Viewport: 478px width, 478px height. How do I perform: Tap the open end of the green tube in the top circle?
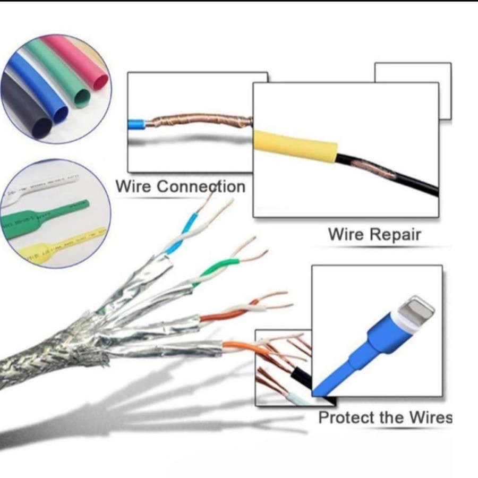82,98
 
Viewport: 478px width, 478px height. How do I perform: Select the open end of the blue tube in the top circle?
60,113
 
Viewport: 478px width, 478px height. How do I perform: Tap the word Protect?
347,417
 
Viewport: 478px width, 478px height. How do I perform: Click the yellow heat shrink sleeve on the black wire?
294,146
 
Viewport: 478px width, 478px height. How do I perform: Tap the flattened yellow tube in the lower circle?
58,243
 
